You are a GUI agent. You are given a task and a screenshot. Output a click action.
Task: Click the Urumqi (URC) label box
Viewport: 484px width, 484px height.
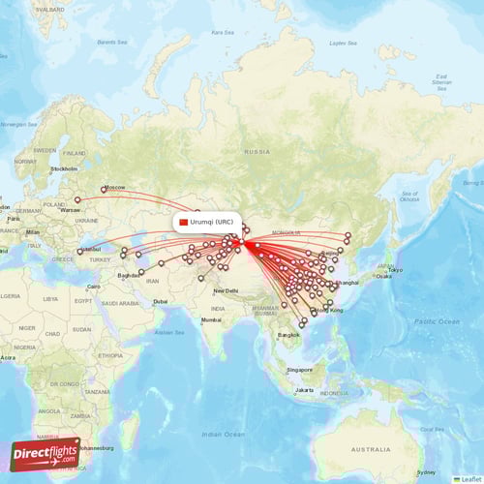207,222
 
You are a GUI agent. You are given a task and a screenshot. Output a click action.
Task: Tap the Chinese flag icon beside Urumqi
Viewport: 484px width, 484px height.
184,222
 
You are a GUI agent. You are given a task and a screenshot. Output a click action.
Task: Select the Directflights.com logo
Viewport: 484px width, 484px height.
45,453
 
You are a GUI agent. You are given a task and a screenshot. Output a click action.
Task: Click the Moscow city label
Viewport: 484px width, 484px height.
115,187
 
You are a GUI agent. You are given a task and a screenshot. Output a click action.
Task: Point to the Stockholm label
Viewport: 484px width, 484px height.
64,168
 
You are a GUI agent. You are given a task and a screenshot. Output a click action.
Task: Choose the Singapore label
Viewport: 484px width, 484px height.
299,370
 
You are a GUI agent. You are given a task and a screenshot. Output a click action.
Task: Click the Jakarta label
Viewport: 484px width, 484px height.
304,390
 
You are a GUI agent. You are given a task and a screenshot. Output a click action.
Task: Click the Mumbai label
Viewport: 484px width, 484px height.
211,319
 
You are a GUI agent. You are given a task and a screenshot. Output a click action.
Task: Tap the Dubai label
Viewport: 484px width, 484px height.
160,301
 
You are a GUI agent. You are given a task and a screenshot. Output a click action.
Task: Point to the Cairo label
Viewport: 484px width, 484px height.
94,287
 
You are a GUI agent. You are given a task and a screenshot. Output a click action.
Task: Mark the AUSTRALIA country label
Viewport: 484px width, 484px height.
372,450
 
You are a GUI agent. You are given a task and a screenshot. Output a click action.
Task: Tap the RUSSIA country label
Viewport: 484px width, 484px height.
257,152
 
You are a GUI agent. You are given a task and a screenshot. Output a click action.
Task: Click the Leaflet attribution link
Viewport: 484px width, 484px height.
469,479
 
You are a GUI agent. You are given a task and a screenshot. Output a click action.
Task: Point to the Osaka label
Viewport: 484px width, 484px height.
384,276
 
